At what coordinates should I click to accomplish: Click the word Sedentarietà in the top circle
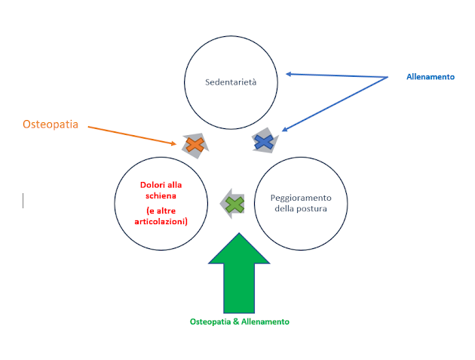point(231,82)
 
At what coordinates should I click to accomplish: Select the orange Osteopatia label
point(51,125)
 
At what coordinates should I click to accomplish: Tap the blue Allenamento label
point(431,77)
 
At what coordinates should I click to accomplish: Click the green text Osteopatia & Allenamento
point(240,322)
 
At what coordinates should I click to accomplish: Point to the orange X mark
point(195,145)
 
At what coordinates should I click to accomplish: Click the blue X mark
point(264,142)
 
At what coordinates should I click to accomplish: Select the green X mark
point(234,205)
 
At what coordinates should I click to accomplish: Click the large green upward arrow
point(239,273)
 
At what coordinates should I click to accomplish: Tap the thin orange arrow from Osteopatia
point(132,135)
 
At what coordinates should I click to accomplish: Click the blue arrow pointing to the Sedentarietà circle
point(337,75)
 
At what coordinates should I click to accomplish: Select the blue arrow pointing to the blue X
point(335,104)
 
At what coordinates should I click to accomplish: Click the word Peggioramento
point(301,198)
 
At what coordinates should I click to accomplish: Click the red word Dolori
point(152,185)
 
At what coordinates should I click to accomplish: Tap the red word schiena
point(161,195)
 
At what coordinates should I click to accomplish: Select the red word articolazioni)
point(161,221)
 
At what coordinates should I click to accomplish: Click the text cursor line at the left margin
point(23,201)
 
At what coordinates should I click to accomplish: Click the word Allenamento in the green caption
point(265,322)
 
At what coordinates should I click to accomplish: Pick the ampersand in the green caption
point(236,322)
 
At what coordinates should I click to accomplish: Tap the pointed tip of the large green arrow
point(239,233)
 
